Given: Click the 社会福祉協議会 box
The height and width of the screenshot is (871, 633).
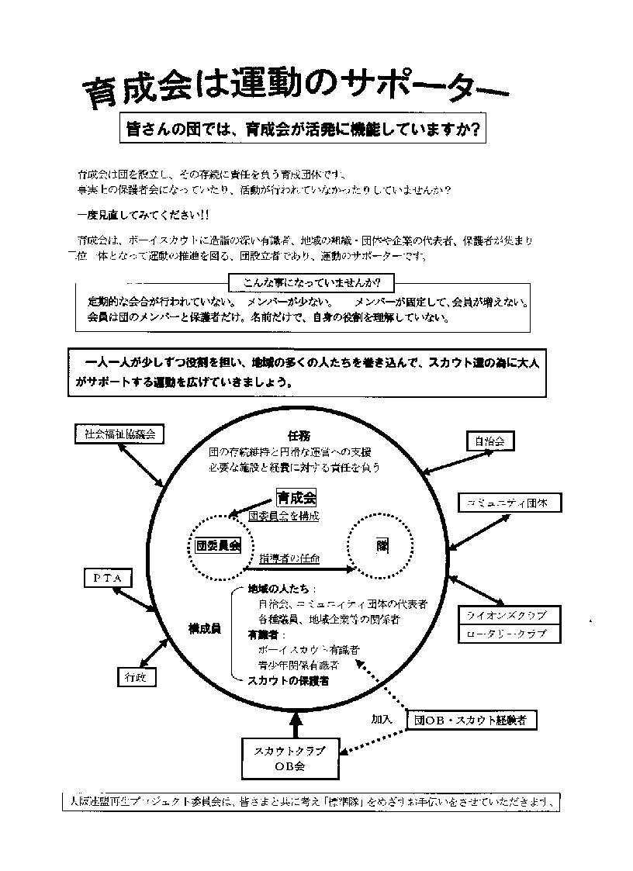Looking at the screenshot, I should point(119,434).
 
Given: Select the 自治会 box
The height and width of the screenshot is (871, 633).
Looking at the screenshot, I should point(489,441).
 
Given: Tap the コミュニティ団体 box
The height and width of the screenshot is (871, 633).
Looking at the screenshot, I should point(509,503).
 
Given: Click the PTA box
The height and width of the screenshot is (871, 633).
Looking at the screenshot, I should point(108,578).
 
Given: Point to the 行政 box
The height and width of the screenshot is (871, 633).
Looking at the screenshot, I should point(136,677).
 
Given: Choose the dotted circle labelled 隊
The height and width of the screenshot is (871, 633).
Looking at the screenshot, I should point(381,546).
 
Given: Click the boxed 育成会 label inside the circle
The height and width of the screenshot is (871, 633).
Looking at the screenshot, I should point(296,499).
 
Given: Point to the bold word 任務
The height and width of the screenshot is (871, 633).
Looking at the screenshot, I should point(299,435).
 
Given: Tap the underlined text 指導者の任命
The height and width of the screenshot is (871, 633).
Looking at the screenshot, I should point(289,558).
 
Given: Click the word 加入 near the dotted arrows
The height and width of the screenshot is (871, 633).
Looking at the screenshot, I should point(381,719).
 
